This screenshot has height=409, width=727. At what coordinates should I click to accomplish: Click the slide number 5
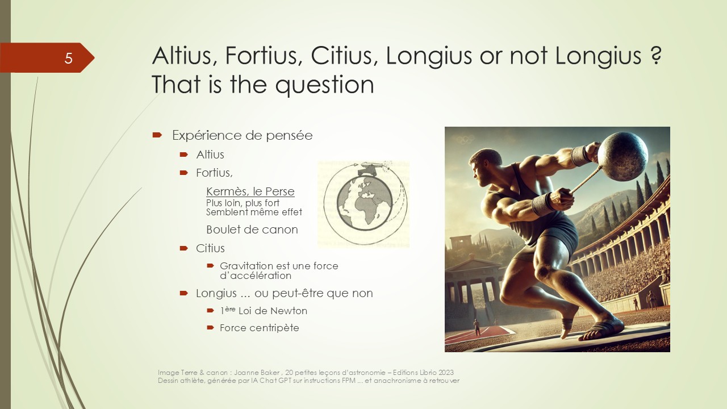pyautogui.click(x=68, y=58)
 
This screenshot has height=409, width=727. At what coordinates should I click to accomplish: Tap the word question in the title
pyautogui.click(x=324, y=85)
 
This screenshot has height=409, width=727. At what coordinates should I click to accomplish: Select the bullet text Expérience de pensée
pyautogui.click(x=242, y=135)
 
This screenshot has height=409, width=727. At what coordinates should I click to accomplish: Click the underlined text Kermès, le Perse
pyautogui.click(x=250, y=191)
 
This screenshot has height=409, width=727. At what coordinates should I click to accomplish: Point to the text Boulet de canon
pyautogui.click(x=252, y=229)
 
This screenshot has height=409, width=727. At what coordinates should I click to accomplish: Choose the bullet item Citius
pyautogui.click(x=210, y=248)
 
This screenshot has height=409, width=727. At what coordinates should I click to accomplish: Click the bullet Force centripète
pyautogui.click(x=260, y=328)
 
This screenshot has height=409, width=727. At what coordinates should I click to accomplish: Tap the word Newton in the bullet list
pyautogui.click(x=289, y=311)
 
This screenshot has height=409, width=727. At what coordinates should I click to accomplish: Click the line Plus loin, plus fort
pyautogui.click(x=243, y=203)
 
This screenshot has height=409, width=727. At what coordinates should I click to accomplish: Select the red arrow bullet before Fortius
pyautogui.click(x=183, y=173)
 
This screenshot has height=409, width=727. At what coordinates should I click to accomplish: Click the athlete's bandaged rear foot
pyautogui.click(x=567, y=326)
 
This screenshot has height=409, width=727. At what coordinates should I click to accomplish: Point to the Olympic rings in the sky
pyautogui.click(x=465, y=140)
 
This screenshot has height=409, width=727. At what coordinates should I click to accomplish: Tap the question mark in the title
pyautogui.click(x=656, y=56)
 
